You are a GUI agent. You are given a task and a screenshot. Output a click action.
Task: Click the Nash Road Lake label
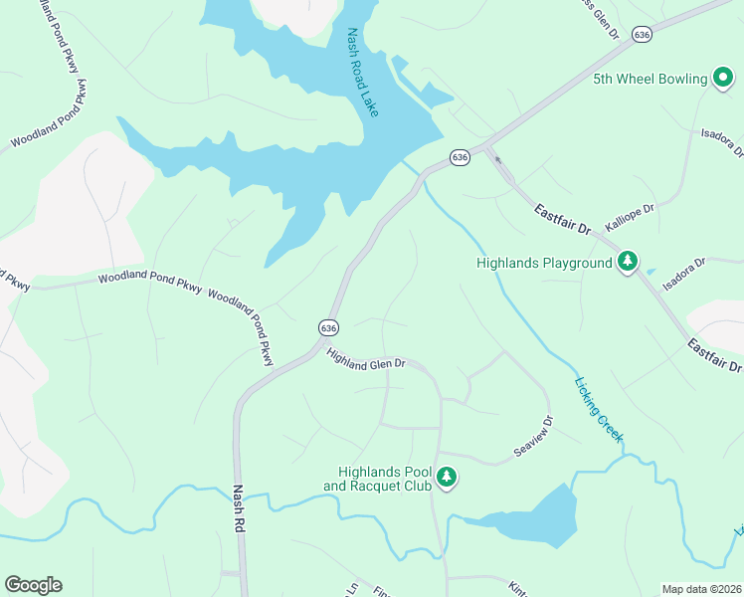pos(363,86)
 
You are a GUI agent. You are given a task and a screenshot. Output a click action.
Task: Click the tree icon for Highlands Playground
pos(628,263)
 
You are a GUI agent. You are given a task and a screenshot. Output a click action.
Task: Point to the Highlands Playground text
pos(543,264)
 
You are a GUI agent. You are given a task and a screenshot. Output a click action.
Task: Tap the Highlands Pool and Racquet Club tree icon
pos(448,479)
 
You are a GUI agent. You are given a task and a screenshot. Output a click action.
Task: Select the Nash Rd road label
pos(239,513)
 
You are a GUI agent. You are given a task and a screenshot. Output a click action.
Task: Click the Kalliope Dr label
pos(631,219)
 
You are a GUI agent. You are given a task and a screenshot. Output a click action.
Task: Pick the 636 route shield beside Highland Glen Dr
pos(329,327)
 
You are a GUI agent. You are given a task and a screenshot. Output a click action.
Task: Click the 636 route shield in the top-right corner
pos(643,35)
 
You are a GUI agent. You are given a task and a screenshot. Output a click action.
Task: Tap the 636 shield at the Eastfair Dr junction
pos(459,157)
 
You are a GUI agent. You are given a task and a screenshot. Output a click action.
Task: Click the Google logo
pos(33,585)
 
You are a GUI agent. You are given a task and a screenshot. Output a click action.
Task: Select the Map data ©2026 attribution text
pos(701,589)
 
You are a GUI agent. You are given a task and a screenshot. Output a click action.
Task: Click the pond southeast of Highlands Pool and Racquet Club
pos(537,519)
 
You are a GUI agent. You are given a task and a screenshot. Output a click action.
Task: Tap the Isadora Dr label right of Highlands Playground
pos(684,268)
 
